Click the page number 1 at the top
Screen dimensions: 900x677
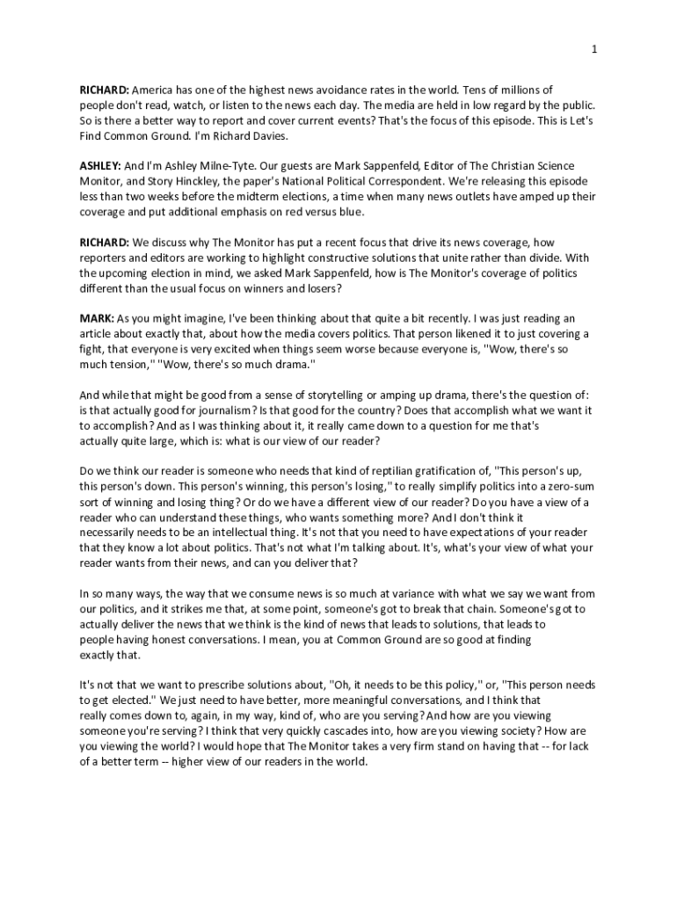tap(594, 48)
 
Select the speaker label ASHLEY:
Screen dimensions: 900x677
tap(100, 166)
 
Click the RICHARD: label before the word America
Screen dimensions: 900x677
tap(105, 91)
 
